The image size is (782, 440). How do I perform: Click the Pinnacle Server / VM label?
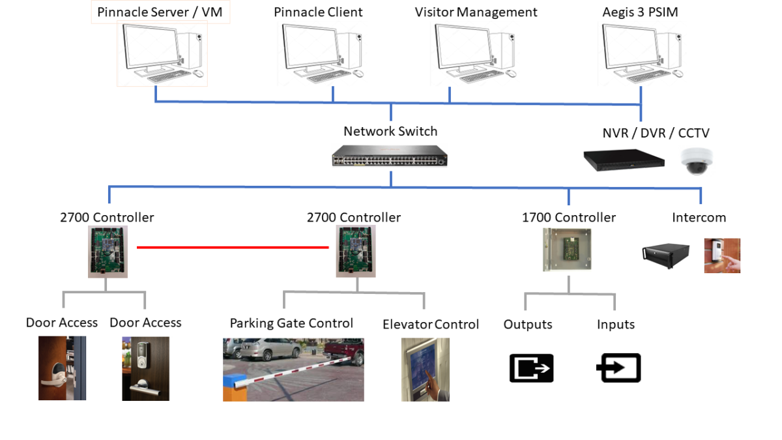(x=160, y=12)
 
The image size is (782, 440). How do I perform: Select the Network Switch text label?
(x=390, y=131)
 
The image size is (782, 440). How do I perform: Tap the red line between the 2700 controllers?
(x=233, y=248)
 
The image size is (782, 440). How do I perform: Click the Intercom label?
(x=699, y=218)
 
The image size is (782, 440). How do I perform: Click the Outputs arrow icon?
(x=531, y=368)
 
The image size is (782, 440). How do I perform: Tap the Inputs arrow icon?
(x=618, y=368)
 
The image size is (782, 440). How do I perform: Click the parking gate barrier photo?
(x=293, y=369)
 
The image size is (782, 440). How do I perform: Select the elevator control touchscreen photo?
(x=426, y=369)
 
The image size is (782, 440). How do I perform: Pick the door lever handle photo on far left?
(x=62, y=368)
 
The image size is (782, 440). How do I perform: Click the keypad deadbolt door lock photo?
(x=145, y=368)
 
